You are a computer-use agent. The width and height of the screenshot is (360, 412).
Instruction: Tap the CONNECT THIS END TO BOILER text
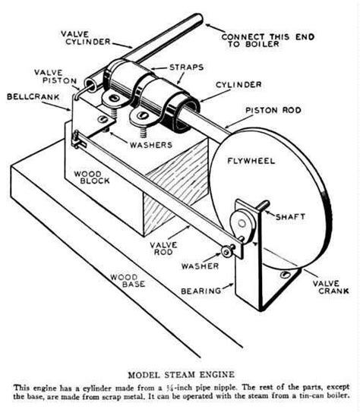pyautogui.click(x=269, y=40)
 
